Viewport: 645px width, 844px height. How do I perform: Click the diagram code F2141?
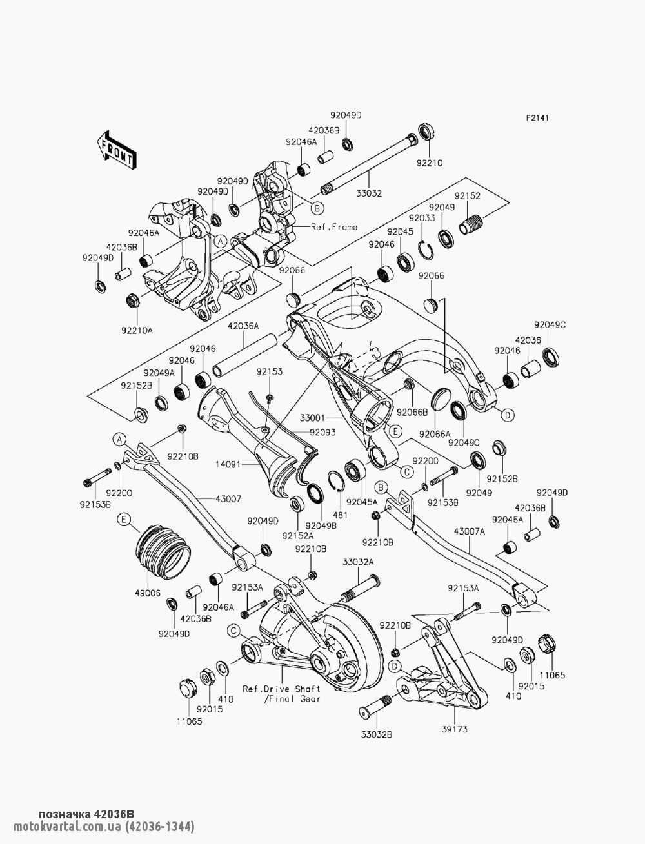click(x=537, y=119)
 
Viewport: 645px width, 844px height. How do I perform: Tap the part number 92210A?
click(x=137, y=331)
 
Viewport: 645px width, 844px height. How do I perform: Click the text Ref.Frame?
click(x=334, y=227)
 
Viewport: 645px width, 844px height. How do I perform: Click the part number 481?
click(x=340, y=515)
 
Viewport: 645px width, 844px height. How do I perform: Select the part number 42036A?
click(x=243, y=326)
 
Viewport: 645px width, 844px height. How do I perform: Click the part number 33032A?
click(x=358, y=562)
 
